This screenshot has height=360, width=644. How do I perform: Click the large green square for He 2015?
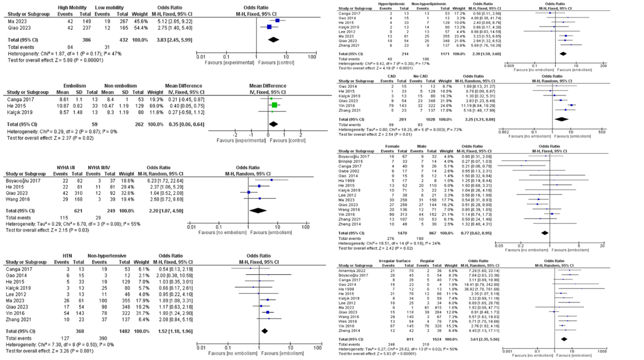click(274, 105)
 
